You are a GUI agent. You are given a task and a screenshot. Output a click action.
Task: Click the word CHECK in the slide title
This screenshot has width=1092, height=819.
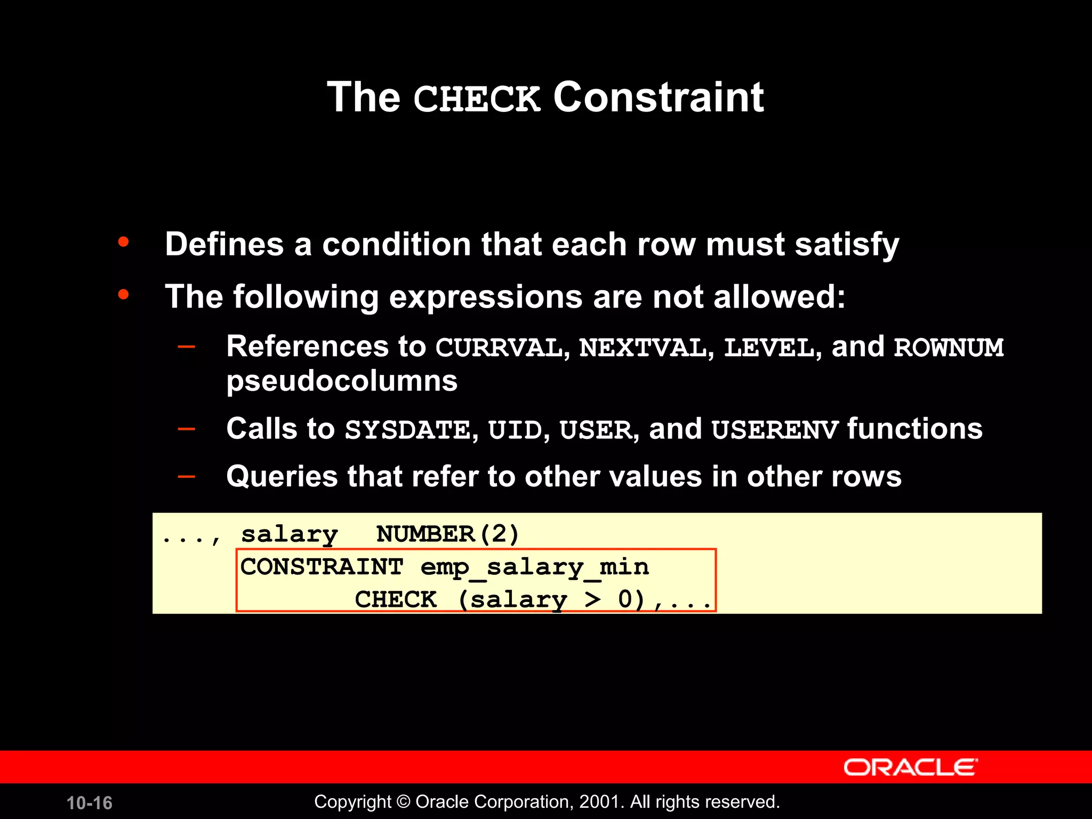477,99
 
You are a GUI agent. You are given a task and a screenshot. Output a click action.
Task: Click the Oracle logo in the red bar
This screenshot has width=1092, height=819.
910,768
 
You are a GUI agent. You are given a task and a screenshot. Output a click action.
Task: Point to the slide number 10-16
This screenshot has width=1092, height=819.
90,803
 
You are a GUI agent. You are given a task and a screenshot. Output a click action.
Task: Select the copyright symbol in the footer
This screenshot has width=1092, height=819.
404,802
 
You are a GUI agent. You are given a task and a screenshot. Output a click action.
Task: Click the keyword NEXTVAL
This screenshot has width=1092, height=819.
643,348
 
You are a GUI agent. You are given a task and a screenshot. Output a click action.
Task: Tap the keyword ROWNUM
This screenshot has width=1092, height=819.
949,348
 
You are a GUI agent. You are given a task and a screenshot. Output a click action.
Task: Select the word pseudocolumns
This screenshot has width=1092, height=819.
342,381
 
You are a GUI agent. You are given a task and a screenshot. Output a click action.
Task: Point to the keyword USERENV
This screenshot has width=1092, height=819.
775,430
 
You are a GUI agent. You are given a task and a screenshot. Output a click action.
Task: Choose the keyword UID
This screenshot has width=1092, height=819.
515,430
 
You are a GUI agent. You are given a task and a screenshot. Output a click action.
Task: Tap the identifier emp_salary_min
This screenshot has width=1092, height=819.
535,567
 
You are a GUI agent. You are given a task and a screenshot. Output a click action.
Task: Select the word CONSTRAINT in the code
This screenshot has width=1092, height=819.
322,567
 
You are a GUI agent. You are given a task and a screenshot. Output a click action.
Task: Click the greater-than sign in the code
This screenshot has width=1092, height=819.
592,599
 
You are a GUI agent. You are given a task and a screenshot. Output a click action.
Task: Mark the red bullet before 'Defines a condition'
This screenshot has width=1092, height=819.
124,243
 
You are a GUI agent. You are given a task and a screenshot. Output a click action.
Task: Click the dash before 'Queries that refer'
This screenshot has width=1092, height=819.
186,475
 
